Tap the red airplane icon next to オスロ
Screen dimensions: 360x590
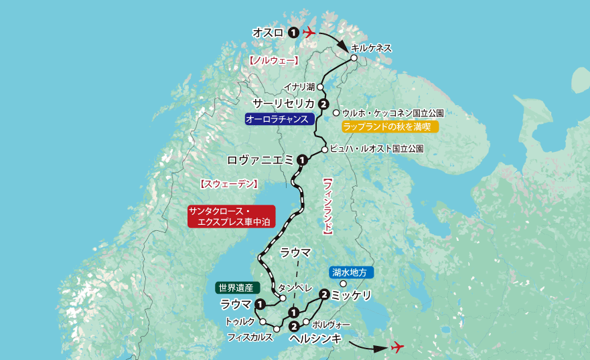click(309, 32)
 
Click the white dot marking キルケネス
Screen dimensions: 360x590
click(354, 58)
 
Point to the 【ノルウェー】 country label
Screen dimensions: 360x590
click(273, 60)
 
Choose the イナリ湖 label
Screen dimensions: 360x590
click(299, 87)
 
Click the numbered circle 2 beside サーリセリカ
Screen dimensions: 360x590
click(323, 104)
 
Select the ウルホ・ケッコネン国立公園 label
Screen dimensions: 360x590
click(393, 113)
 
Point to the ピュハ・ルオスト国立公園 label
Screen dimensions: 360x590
click(377, 149)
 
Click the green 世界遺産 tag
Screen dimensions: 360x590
click(235, 288)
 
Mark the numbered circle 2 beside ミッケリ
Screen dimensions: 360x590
click(324, 294)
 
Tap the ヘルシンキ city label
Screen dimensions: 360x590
click(315, 339)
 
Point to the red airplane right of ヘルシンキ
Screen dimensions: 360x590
click(398, 347)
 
